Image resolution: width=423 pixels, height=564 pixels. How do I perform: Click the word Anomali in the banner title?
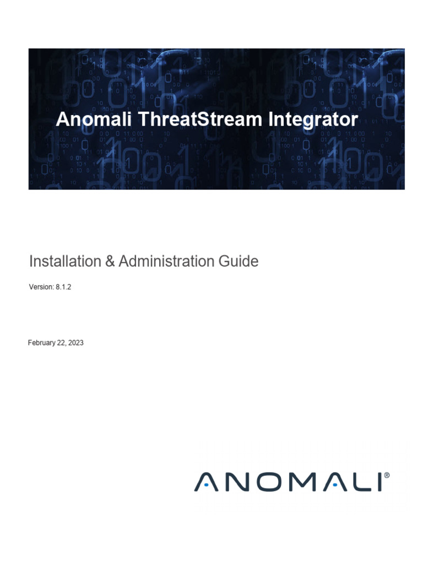point(88,120)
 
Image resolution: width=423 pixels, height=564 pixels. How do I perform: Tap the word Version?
point(40,287)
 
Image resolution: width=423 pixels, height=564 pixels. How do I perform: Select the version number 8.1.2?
point(63,287)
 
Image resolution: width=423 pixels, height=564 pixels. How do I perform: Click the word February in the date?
point(42,343)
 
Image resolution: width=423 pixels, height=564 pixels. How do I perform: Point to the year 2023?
point(76,343)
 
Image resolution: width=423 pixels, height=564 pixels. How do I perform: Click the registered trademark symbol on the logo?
point(387,474)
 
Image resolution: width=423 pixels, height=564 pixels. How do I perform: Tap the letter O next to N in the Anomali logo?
point(264,482)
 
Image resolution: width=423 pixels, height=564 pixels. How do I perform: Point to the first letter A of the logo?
point(204,482)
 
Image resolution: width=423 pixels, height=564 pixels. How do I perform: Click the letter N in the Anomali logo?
point(234,482)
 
